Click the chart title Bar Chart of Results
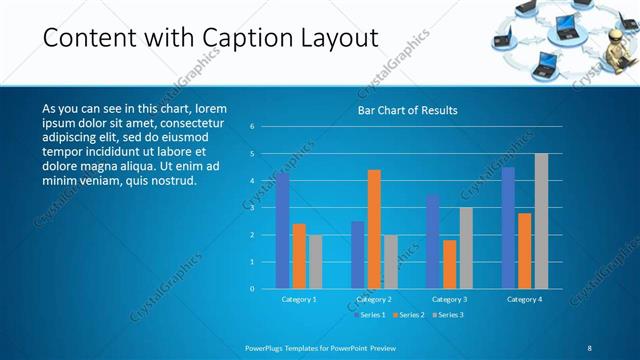407,110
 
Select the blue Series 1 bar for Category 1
282,230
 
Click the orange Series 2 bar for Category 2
374,229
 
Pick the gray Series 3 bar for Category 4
541,221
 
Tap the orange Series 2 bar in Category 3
449,264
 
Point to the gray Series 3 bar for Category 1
315,262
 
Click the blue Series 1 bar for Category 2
358,255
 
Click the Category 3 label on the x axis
449,299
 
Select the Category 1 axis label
298,299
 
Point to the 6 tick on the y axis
253,127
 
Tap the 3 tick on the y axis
253,208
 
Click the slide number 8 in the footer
589,347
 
